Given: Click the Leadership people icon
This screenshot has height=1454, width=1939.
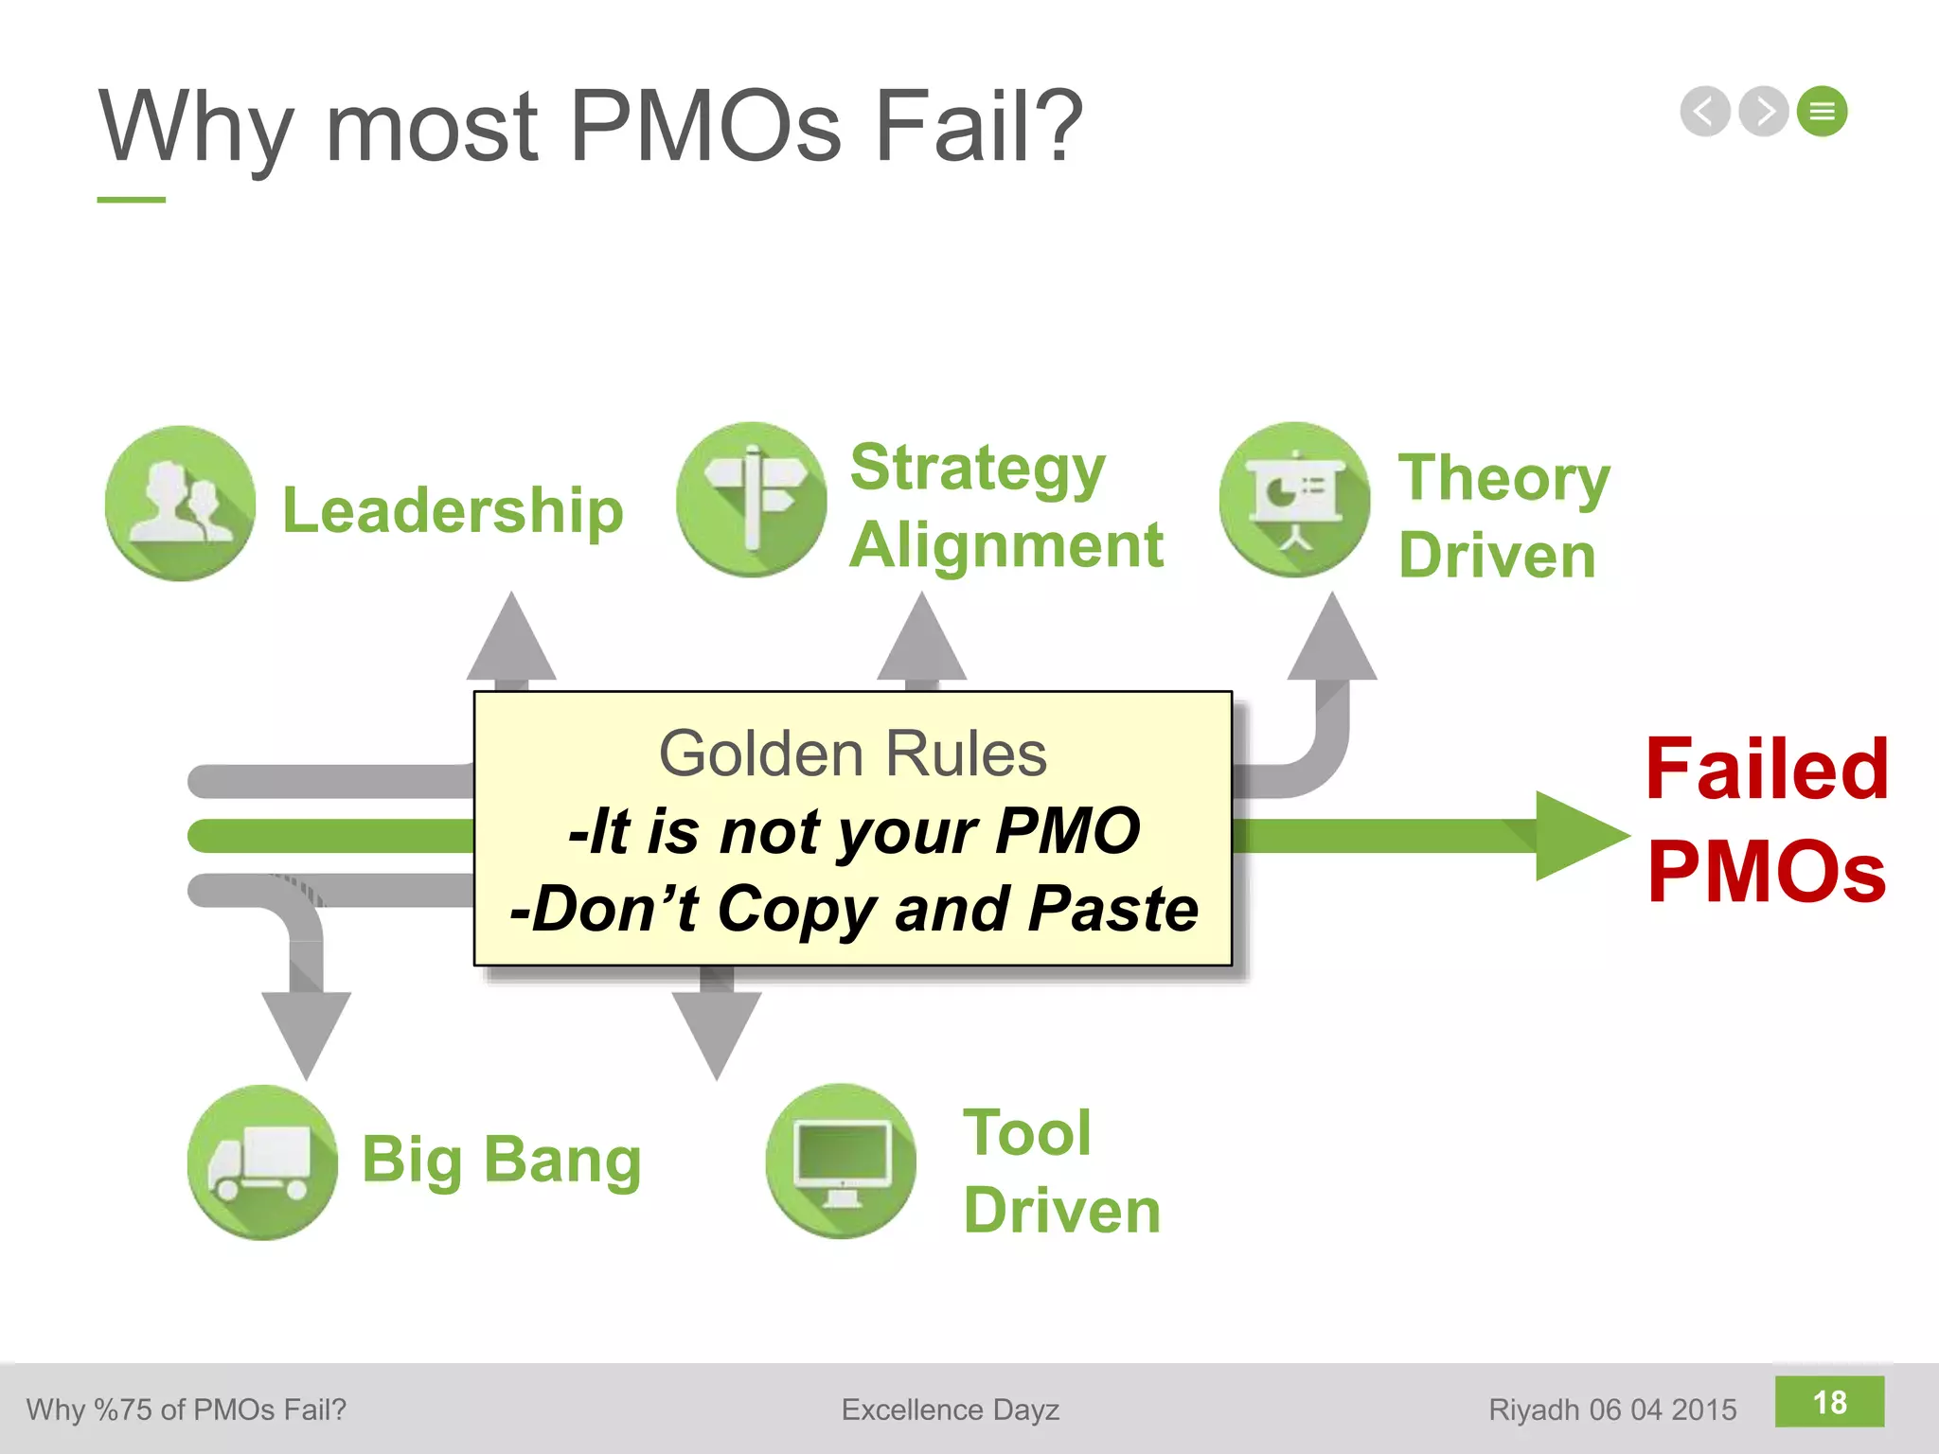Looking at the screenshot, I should point(180,503).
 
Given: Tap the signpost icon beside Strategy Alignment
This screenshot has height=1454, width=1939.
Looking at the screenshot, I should point(752,499).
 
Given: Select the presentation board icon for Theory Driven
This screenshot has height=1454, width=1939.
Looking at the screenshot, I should point(1294,499).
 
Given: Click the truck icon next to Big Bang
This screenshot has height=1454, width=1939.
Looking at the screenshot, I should point(262,1161).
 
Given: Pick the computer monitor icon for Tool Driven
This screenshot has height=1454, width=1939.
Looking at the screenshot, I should point(841,1161).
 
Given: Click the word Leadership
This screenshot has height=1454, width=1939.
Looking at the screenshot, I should point(453,510).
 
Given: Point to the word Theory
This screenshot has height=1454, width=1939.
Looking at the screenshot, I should point(1503,478).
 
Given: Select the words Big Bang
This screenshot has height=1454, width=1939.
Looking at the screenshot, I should point(502,1160).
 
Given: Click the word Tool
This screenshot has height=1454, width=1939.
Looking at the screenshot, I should point(1027,1132).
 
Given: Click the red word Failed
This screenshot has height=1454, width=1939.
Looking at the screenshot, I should point(1767,769).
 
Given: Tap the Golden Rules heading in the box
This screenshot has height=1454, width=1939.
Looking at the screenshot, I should point(852,754).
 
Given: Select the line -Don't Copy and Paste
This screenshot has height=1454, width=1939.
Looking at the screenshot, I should point(854,909).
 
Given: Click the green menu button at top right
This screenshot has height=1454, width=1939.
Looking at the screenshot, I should point(1823,112).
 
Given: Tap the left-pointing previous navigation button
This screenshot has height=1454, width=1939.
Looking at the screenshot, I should point(1705,112).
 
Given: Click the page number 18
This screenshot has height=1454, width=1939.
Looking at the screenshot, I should point(1829,1402).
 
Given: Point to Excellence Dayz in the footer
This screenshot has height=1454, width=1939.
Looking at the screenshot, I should point(950,1410).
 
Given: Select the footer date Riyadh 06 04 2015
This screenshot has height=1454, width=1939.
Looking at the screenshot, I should point(1612,1410).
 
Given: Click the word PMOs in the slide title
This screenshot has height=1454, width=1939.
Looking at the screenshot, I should point(705,126).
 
